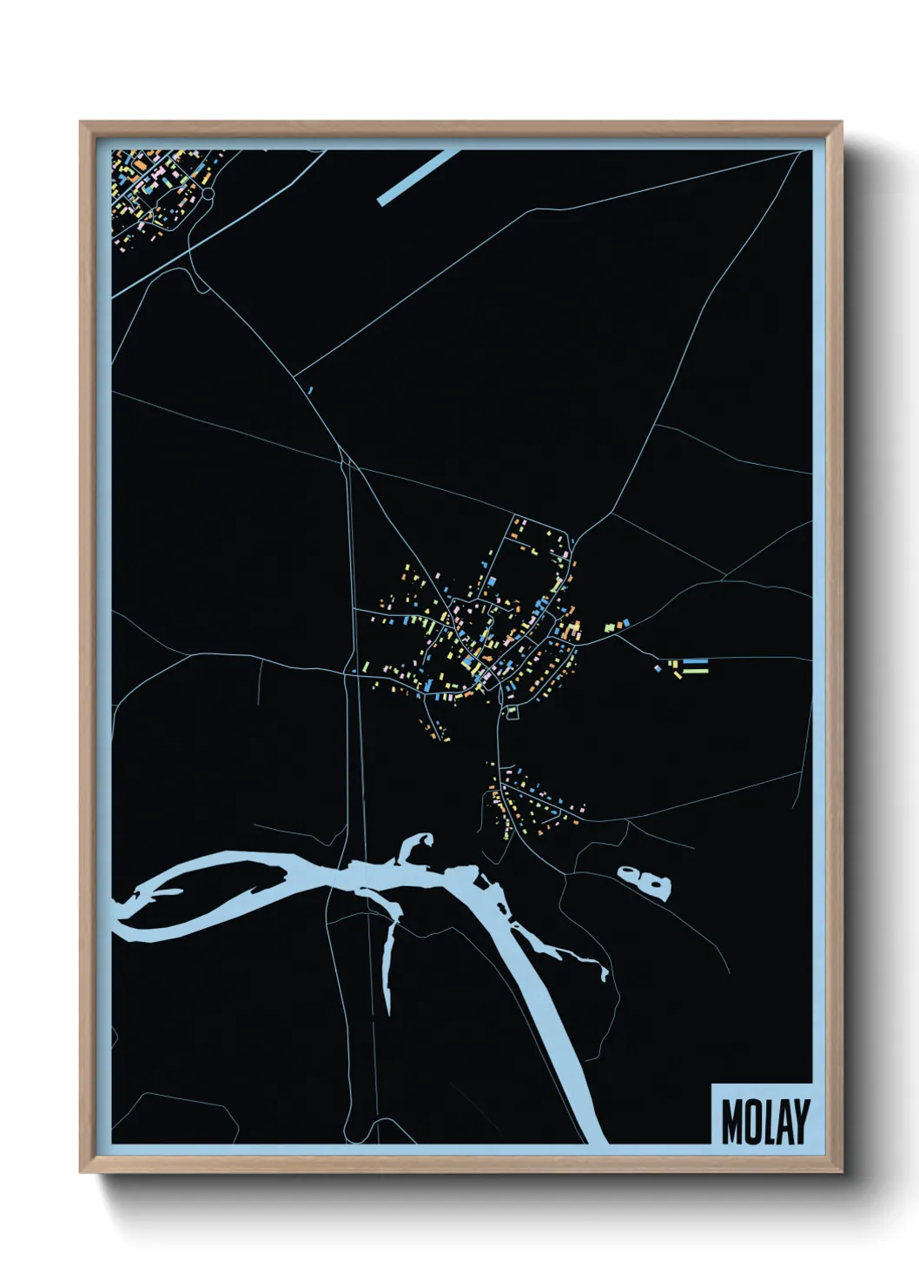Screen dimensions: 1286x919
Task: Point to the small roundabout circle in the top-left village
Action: tap(208, 194)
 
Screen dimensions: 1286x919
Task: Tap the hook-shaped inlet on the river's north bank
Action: tap(416, 846)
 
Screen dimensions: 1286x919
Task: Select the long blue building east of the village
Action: tap(696, 661)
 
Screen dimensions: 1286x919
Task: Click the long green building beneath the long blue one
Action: tap(695, 671)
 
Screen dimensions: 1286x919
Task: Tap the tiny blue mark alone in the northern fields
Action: tap(309, 390)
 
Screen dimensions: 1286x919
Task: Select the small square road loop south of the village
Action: tap(512, 713)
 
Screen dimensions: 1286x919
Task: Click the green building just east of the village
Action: tap(610, 625)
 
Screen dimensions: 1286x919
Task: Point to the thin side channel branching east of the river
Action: tap(556, 947)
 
